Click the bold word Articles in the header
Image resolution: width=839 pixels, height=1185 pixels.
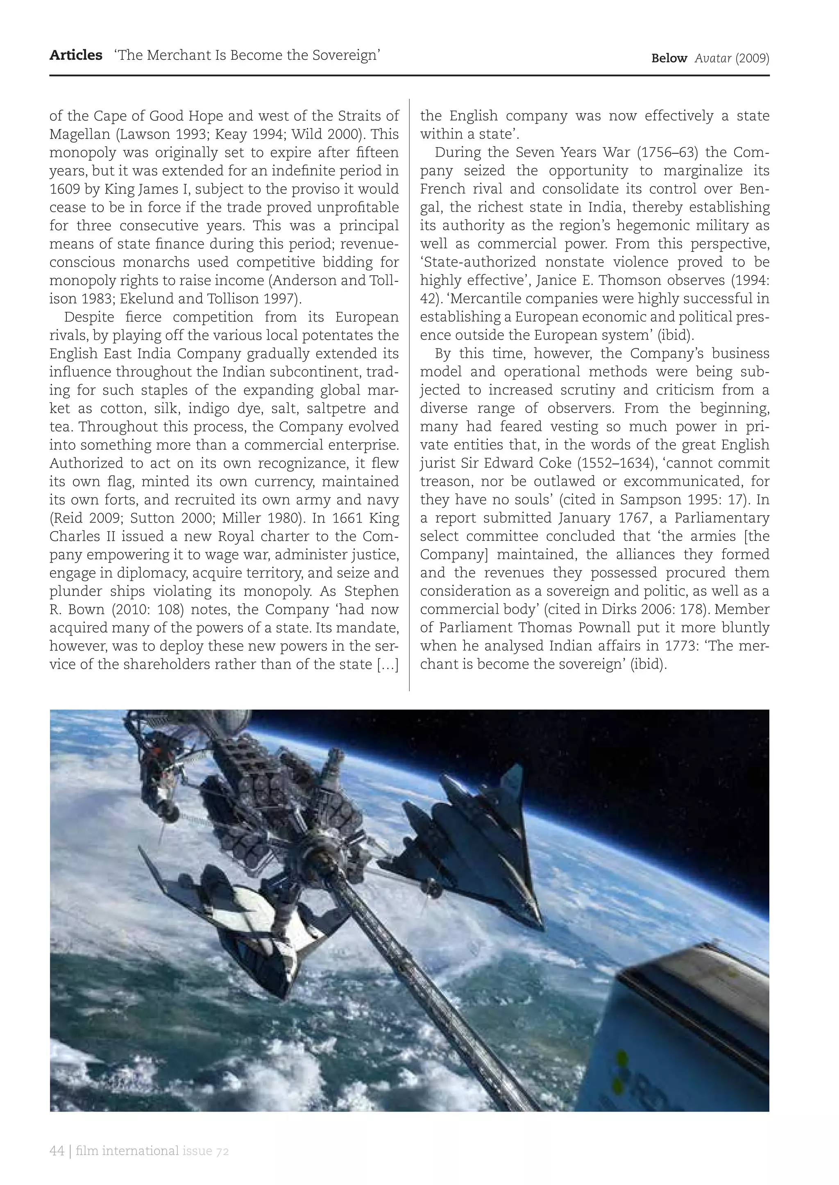(76, 55)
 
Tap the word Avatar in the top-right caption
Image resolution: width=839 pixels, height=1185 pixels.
(712, 59)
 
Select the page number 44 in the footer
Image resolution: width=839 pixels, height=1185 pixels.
(57, 1151)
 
